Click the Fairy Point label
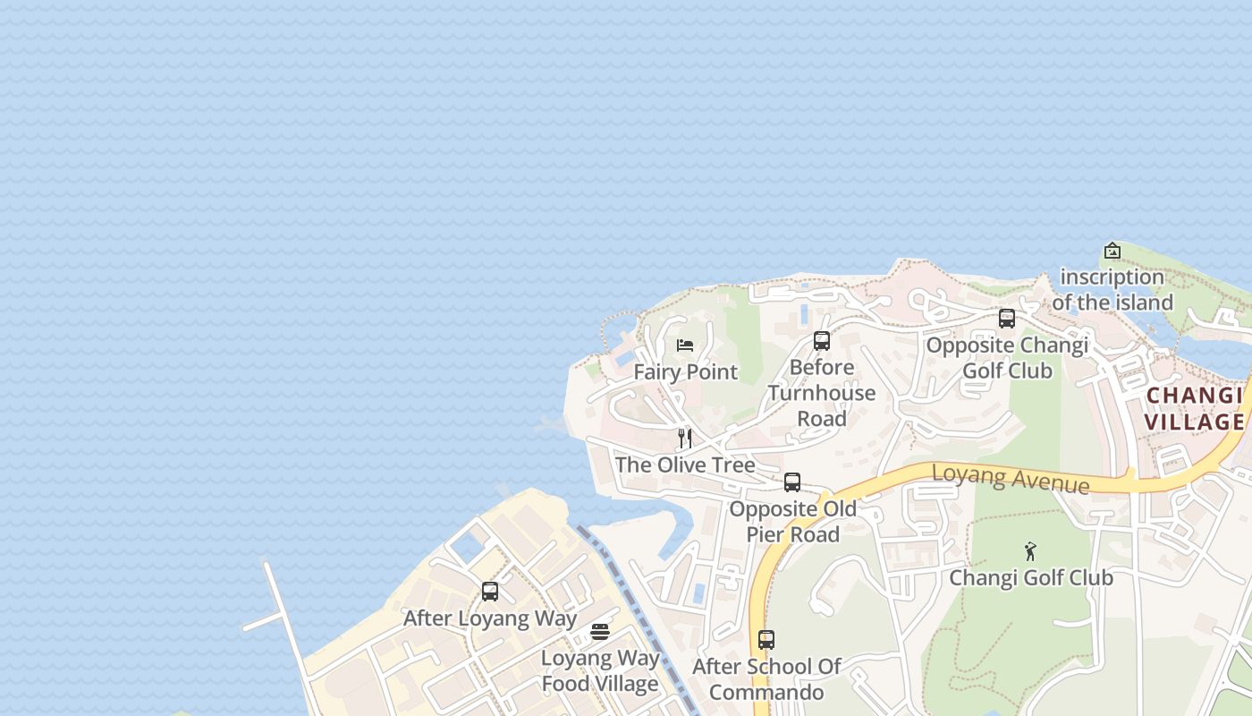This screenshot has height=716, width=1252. pyautogui.click(x=686, y=372)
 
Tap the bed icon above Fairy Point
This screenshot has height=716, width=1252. pyautogui.click(x=685, y=345)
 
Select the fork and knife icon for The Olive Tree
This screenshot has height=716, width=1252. pyautogui.click(x=685, y=439)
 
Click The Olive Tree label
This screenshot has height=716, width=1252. pyautogui.click(x=685, y=465)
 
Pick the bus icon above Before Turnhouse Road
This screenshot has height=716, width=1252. pyautogui.click(x=822, y=341)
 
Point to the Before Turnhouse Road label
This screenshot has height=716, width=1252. pyautogui.click(x=822, y=393)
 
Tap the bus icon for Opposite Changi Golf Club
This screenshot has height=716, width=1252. pyautogui.click(x=1007, y=319)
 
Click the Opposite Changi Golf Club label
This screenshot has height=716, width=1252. pyautogui.click(x=1007, y=358)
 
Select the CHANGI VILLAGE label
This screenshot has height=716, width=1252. pyautogui.click(x=1195, y=409)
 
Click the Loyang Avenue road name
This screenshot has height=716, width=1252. pyautogui.click(x=1011, y=478)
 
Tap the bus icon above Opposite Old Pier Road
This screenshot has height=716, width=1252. pyautogui.click(x=792, y=482)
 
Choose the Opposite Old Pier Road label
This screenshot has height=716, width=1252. pyautogui.click(x=792, y=522)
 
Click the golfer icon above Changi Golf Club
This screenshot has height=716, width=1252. pyautogui.click(x=1030, y=551)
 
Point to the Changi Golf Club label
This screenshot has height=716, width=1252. pyautogui.click(x=1030, y=578)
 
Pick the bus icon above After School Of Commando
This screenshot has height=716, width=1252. pyautogui.click(x=766, y=640)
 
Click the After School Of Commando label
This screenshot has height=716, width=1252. pyautogui.click(x=766, y=679)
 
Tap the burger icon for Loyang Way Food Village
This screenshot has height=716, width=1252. pyautogui.click(x=600, y=632)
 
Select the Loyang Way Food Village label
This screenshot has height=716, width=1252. pyautogui.click(x=600, y=671)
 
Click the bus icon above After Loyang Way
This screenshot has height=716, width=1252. pyautogui.click(x=490, y=592)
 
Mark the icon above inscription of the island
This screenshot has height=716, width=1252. pyautogui.click(x=1112, y=251)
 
